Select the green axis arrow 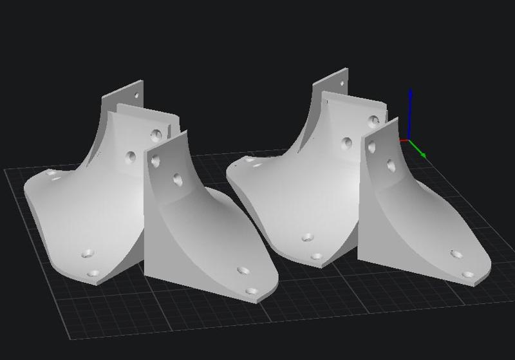point(419,152)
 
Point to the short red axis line point(404,140)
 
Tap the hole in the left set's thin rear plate point(136,95)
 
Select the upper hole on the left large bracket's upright point(156,135)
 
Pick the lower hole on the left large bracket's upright point(131,156)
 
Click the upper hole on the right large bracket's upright point(374,120)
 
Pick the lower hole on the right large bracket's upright point(347,143)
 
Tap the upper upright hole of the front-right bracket point(371,147)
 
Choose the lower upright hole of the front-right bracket point(391,166)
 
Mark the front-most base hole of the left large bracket point(93,273)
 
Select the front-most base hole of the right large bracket point(315,256)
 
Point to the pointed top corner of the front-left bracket point(186,131)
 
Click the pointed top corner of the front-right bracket point(397,118)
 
